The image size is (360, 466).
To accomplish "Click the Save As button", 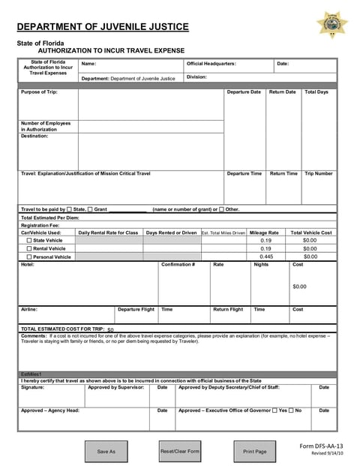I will point(106,451).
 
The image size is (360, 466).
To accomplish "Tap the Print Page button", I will point(255,451).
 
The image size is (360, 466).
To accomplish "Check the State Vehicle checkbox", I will point(30,240).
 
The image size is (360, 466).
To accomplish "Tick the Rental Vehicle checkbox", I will point(30,248).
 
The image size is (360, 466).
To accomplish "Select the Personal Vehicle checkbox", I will point(30,257).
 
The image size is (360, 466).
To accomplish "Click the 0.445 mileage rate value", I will point(265,257).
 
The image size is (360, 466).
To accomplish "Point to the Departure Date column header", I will point(244,92).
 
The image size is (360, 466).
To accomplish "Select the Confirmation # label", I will point(178,264).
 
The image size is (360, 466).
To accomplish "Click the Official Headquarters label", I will point(211,64).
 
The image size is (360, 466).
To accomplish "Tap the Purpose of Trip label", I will point(39,92).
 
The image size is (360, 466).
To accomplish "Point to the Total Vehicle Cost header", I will point(310,233).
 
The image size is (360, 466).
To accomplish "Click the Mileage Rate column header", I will point(264,233).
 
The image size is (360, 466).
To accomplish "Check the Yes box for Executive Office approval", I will point(274,410).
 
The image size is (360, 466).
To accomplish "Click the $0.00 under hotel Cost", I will point(299,286).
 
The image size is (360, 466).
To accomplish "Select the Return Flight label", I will point(228,309).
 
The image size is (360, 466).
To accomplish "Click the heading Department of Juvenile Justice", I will point(103,27).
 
